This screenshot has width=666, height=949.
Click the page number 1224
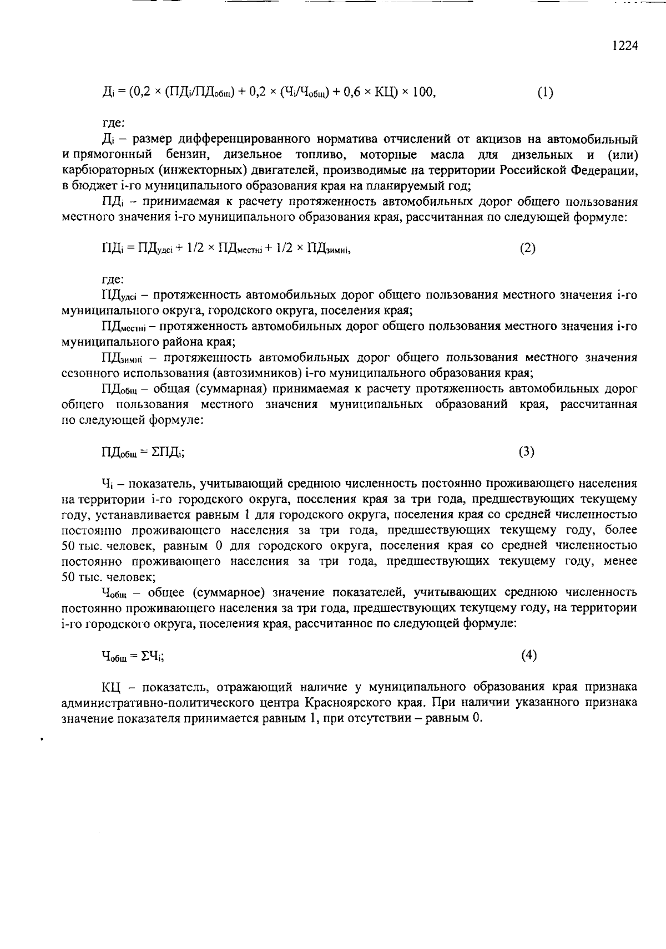tap(625, 46)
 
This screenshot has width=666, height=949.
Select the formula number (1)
tap(545, 93)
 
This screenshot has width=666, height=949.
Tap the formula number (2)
tap(527, 248)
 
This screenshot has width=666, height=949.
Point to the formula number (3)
tap(527, 452)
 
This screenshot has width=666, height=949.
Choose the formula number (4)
tap(529, 656)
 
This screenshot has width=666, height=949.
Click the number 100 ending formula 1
tap(423, 93)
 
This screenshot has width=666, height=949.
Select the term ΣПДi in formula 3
tap(167, 453)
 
